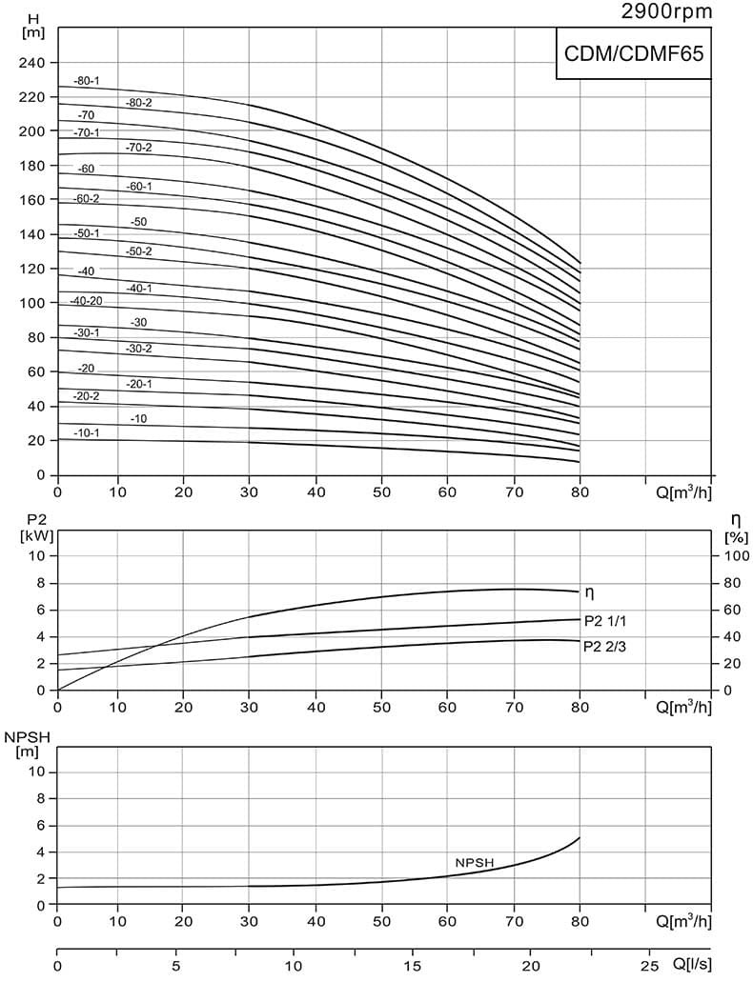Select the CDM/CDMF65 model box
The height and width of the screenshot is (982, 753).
634,54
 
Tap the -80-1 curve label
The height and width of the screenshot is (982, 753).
86,81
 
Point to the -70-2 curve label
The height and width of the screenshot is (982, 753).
138,147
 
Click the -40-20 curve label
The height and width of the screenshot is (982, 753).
86,301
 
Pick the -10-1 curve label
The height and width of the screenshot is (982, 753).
86,432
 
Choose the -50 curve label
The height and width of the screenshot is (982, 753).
138,222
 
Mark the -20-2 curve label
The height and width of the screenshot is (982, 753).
86,395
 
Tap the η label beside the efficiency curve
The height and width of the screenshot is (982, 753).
589,593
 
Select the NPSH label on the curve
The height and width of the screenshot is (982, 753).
474,862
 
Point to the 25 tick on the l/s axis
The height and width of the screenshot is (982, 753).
647,966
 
